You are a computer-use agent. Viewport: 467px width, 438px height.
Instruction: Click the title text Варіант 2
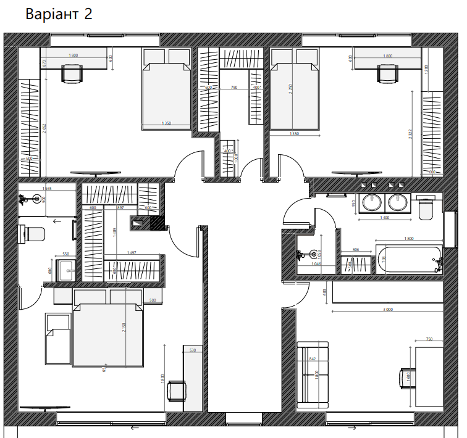tap(59, 14)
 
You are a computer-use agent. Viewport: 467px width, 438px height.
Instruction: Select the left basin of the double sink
tap(372, 202)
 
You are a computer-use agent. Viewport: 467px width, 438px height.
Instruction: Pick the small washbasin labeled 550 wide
tap(65, 269)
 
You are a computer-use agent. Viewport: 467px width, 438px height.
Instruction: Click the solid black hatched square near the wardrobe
tap(158, 223)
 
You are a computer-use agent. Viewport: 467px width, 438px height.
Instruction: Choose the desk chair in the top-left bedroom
tap(71, 74)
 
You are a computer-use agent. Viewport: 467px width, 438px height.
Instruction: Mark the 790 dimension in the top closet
tap(233, 88)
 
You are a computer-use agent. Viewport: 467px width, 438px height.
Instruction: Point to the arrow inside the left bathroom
tap(57, 220)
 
